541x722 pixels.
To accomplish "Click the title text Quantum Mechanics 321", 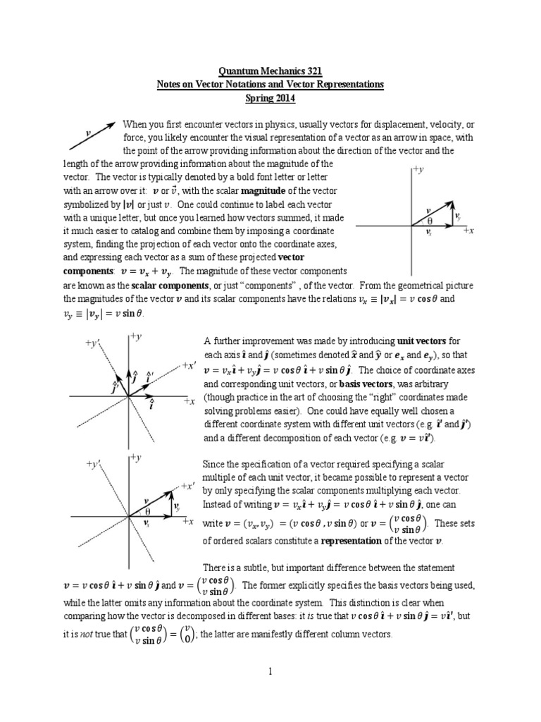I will coord(270,71).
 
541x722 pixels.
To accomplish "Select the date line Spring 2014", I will coord(270,97).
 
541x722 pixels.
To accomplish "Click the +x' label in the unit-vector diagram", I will coord(188,365).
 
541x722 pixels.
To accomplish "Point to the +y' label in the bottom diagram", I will coord(94,465).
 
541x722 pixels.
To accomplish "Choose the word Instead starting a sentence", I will coord(217,506).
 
